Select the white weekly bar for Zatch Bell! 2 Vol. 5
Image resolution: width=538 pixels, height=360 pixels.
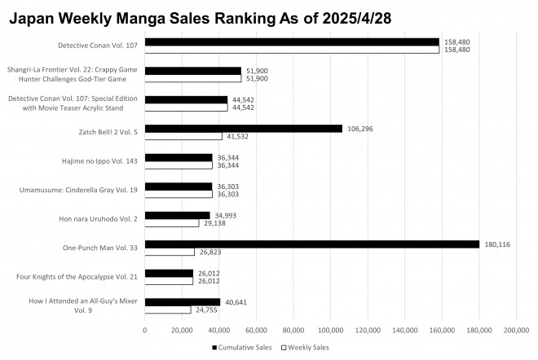point(183,136)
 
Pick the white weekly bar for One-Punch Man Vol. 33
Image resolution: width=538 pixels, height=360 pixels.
point(170,252)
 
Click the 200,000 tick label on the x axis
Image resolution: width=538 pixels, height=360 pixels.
point(516,330)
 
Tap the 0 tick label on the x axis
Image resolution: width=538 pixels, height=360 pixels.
point(145,330)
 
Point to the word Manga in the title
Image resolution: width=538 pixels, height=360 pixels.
point(140,19)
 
